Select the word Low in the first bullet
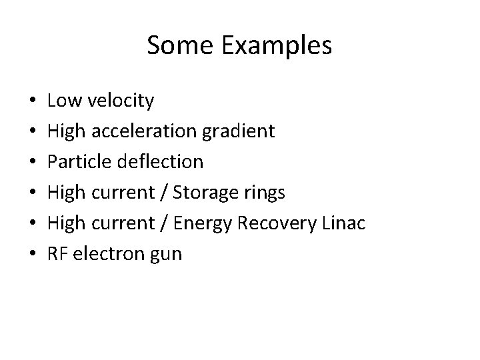click(x=62, y=101)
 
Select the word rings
click(x=267, y=193)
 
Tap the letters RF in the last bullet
click(x=57, y=254)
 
